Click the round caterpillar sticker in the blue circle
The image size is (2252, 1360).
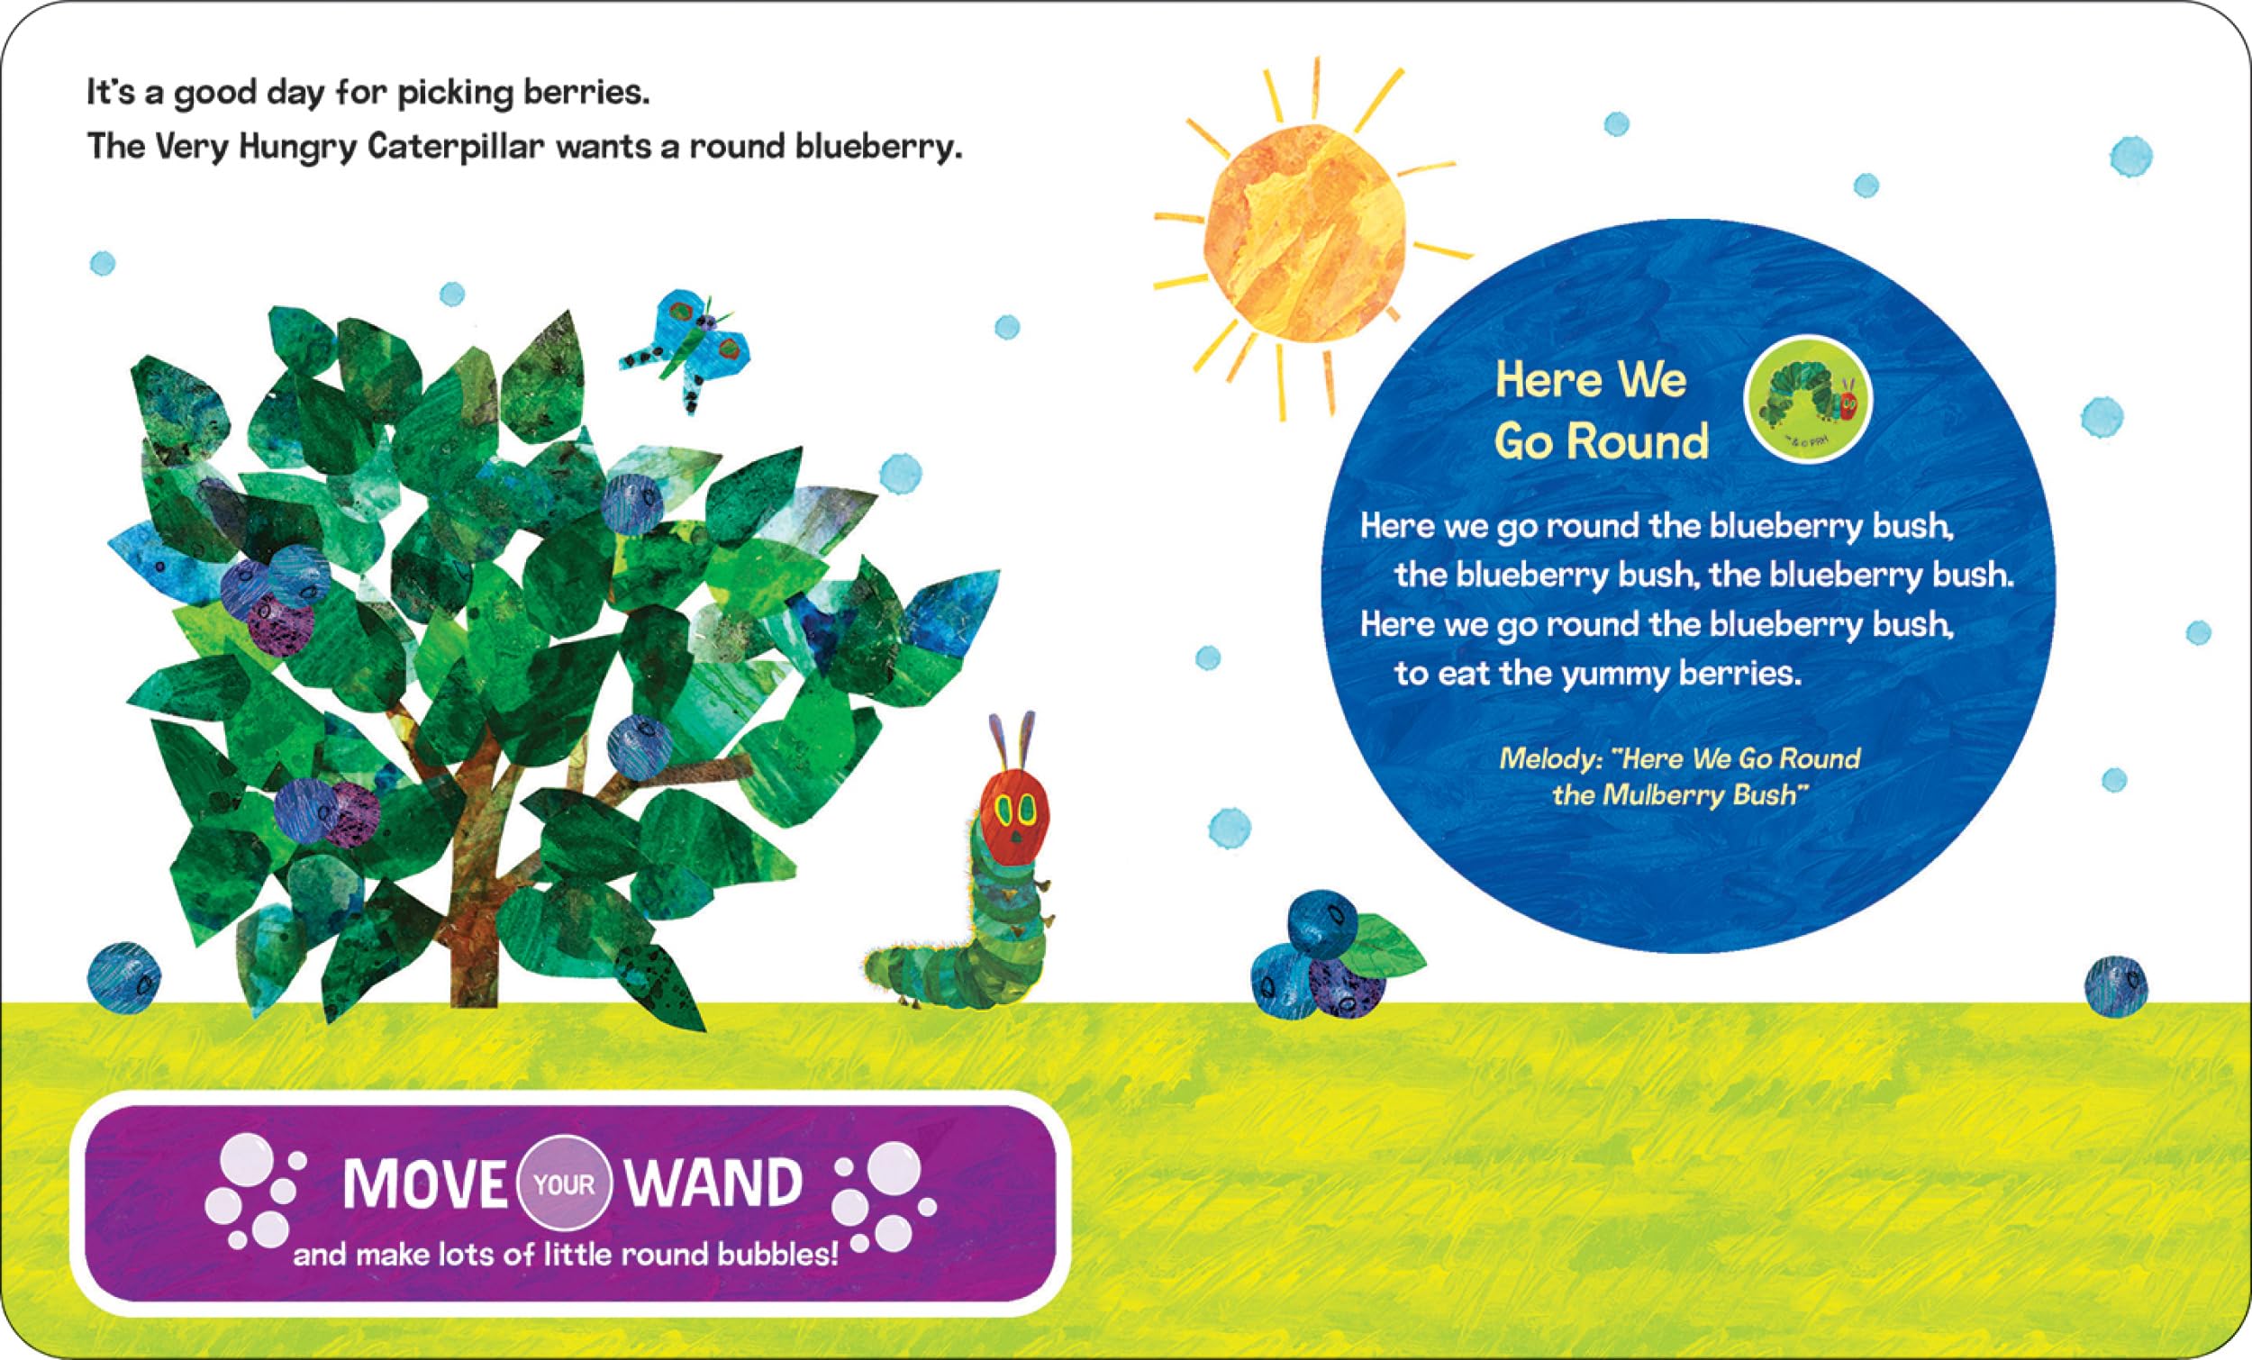click(1808, 400)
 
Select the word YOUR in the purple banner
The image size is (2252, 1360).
click(564, 1185)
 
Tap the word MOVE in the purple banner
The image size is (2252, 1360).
click(424, 1184)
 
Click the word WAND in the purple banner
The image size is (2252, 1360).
click(713, 1183)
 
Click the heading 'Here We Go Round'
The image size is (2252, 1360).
click(1600, 411)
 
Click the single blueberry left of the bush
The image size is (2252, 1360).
click(124, 979)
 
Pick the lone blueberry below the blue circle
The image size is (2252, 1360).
click(2116, 987)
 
